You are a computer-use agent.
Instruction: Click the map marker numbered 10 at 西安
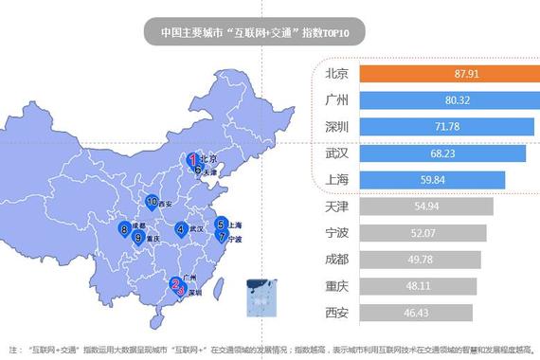coord(153,201)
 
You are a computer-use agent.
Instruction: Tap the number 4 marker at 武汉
coord(180,227)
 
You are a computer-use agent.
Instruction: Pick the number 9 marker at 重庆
coord(138,238)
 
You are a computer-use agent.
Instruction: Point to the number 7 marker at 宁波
coord(222,237)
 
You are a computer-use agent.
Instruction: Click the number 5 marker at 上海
coord(220,224)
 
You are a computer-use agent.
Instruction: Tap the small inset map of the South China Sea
coord(259,296)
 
